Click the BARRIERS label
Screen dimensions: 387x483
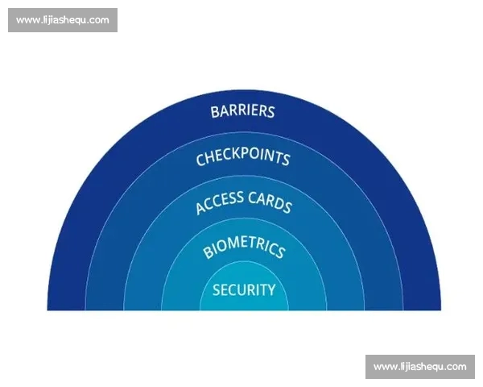(242, 111)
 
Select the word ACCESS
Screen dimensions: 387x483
(220, 201)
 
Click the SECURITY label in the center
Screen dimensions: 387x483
(243, 290)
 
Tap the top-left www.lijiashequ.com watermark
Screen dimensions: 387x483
(62, 20)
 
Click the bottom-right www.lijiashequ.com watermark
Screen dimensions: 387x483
(419, 367)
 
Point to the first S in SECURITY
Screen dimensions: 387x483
(217, 290)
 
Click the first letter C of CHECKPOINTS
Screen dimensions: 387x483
(200, 160)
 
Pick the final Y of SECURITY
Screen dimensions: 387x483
(271, 290)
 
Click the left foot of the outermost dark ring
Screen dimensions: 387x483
(66, 305)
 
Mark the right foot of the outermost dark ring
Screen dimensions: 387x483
(421, 305)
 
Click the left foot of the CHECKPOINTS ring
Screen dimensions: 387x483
(105, 305)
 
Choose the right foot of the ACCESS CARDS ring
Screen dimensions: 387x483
(345, 305)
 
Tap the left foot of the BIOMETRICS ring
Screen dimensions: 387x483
(181, 305)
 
